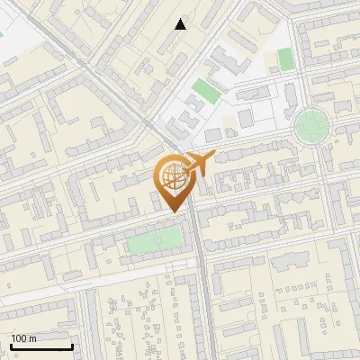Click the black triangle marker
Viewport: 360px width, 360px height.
coord(181,24)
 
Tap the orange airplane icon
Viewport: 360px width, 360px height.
coord(199,165)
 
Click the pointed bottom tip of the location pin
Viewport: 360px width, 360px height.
coord(175,211)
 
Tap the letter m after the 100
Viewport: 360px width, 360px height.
coord(32,338)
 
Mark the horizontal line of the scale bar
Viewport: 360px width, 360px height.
coord(40,346)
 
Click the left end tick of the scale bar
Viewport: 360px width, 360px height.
coord(11,345)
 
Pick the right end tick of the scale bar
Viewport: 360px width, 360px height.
coord(72,345)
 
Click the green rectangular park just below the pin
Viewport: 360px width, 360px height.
coord(154,240)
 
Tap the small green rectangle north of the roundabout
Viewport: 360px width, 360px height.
coord(285,59)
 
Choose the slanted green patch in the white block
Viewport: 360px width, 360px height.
coord(206,91)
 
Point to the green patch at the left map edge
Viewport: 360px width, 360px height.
coord(1,35)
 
